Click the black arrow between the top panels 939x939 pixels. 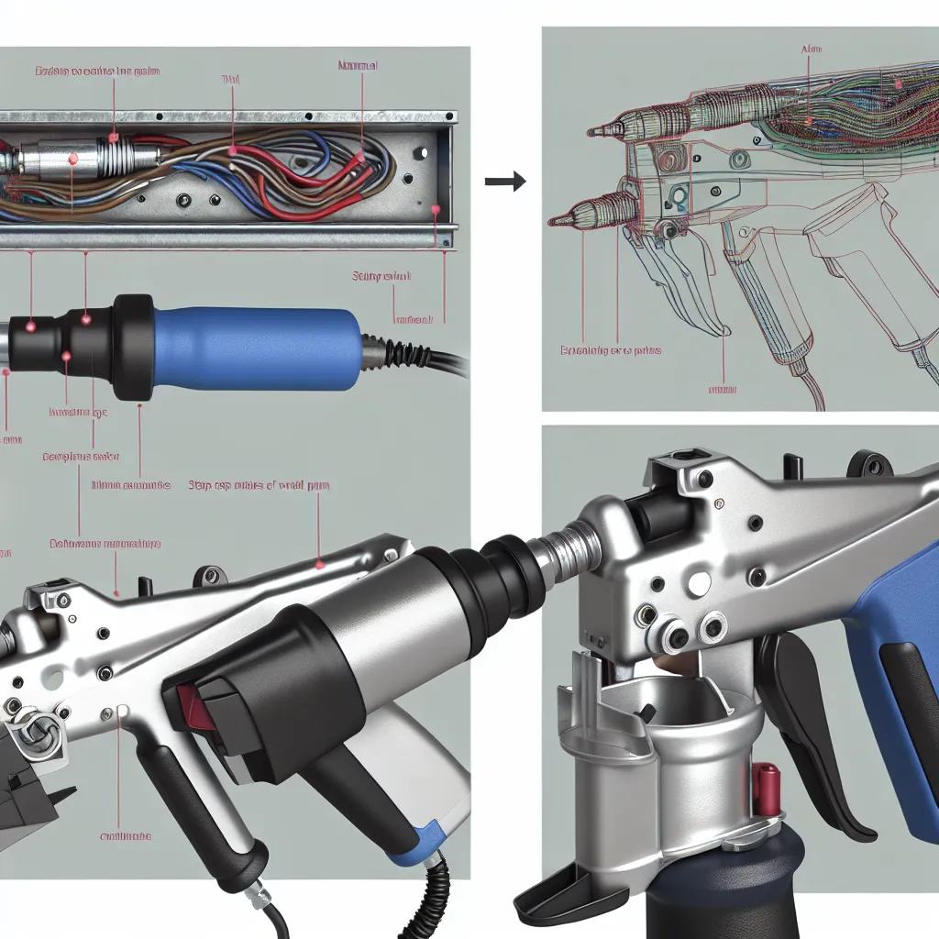[505, 182]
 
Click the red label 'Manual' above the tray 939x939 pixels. [358, 66]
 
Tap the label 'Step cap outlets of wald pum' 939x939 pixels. [260, 485]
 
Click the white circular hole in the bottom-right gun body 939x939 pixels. [700, 581]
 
